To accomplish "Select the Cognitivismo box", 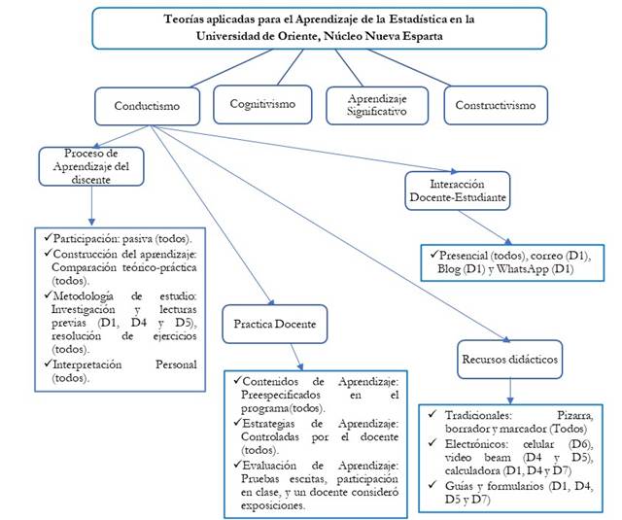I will point(262,103).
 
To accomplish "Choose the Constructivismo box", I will point(491,106).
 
